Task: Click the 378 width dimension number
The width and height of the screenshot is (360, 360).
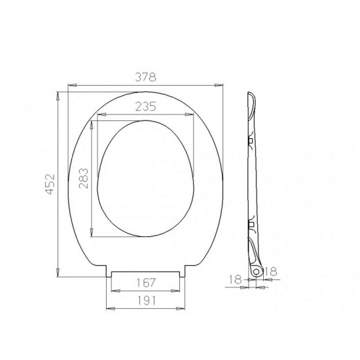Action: pos(145,77)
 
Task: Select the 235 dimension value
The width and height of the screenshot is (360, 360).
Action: pos(145,106)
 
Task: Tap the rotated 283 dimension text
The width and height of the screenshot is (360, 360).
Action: pos(83,179)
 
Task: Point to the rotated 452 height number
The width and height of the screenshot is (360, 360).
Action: pos(50,184)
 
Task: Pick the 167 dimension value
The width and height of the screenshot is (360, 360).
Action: pos(146,283)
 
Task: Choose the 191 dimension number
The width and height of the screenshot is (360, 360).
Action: pos(146,300)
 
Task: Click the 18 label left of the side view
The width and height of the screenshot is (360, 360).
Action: pos(236,279)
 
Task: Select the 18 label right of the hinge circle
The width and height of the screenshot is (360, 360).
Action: pos(271,272)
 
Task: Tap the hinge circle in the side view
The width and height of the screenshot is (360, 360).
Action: pos(256,272)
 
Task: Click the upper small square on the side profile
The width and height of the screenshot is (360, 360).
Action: pos(251,141)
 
